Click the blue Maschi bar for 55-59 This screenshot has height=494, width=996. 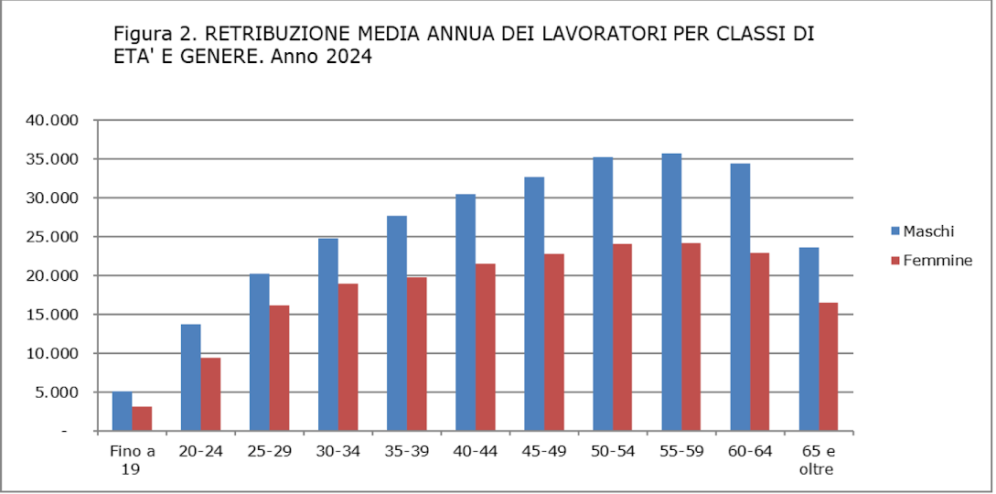coord(671,293)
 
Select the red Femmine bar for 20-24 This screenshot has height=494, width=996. coord(210,394)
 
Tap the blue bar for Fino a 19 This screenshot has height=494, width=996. coord(122,412)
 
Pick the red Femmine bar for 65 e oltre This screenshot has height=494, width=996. coord(828,367)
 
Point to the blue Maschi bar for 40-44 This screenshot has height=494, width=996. coord(465,313)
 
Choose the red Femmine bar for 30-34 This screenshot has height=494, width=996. coord(348,358)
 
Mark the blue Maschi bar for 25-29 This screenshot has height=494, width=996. coord(259,352)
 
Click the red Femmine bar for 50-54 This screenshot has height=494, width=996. coord(622,338)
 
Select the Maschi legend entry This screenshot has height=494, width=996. coord(922,231)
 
